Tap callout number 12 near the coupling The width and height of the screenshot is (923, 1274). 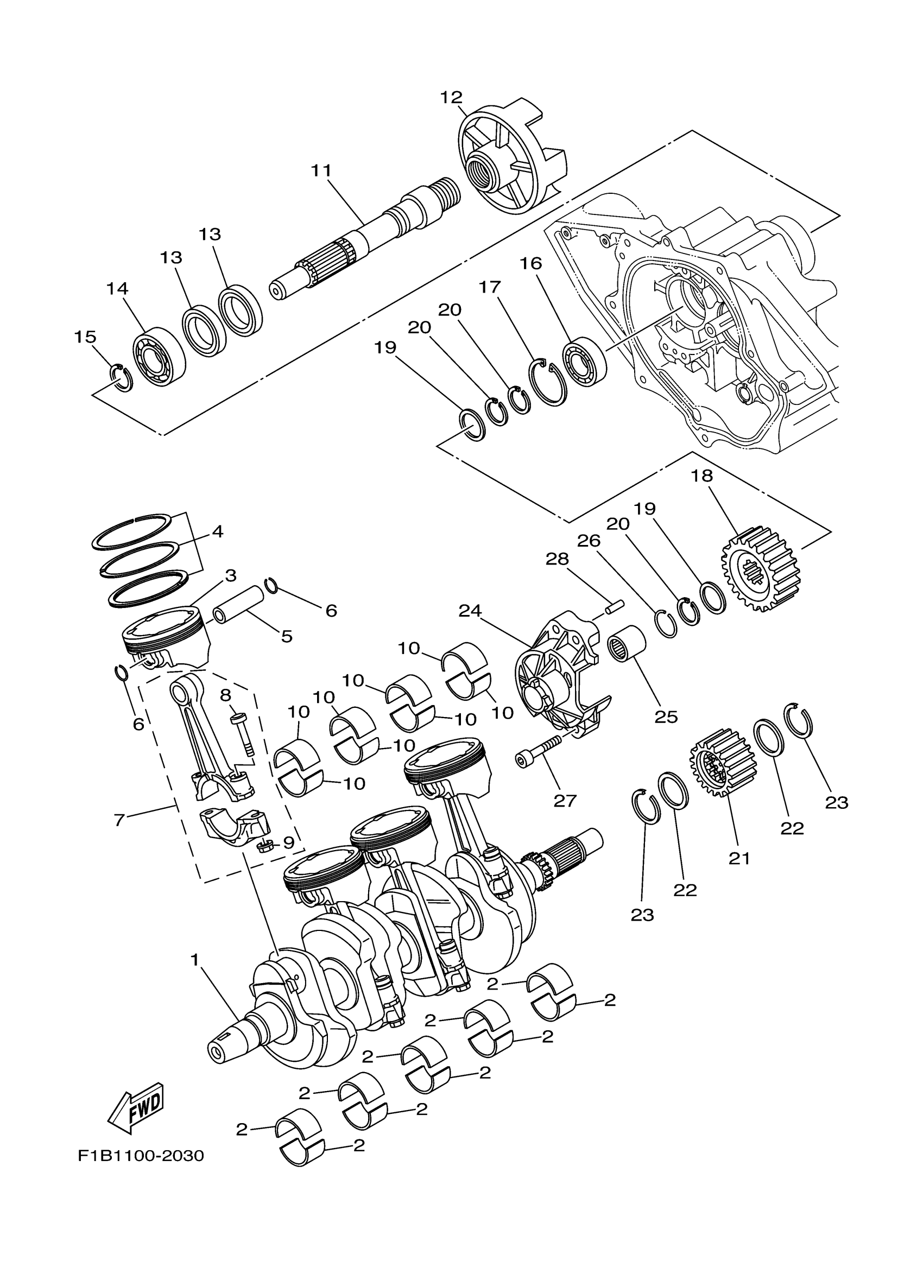pyautogui.click(x=451, y=97)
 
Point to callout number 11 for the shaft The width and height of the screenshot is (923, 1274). pyautogui.click(x=322, y=170)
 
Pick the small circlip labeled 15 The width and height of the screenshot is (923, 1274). pyautogui.click(x=121, y=377)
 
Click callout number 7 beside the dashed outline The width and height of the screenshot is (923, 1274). pyautogui.click(x=119, y=820)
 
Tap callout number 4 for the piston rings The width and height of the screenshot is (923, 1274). pyautogui.click(x=217, y=531)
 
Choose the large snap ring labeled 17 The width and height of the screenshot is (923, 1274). pyautogui.click(x=549, y=382)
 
